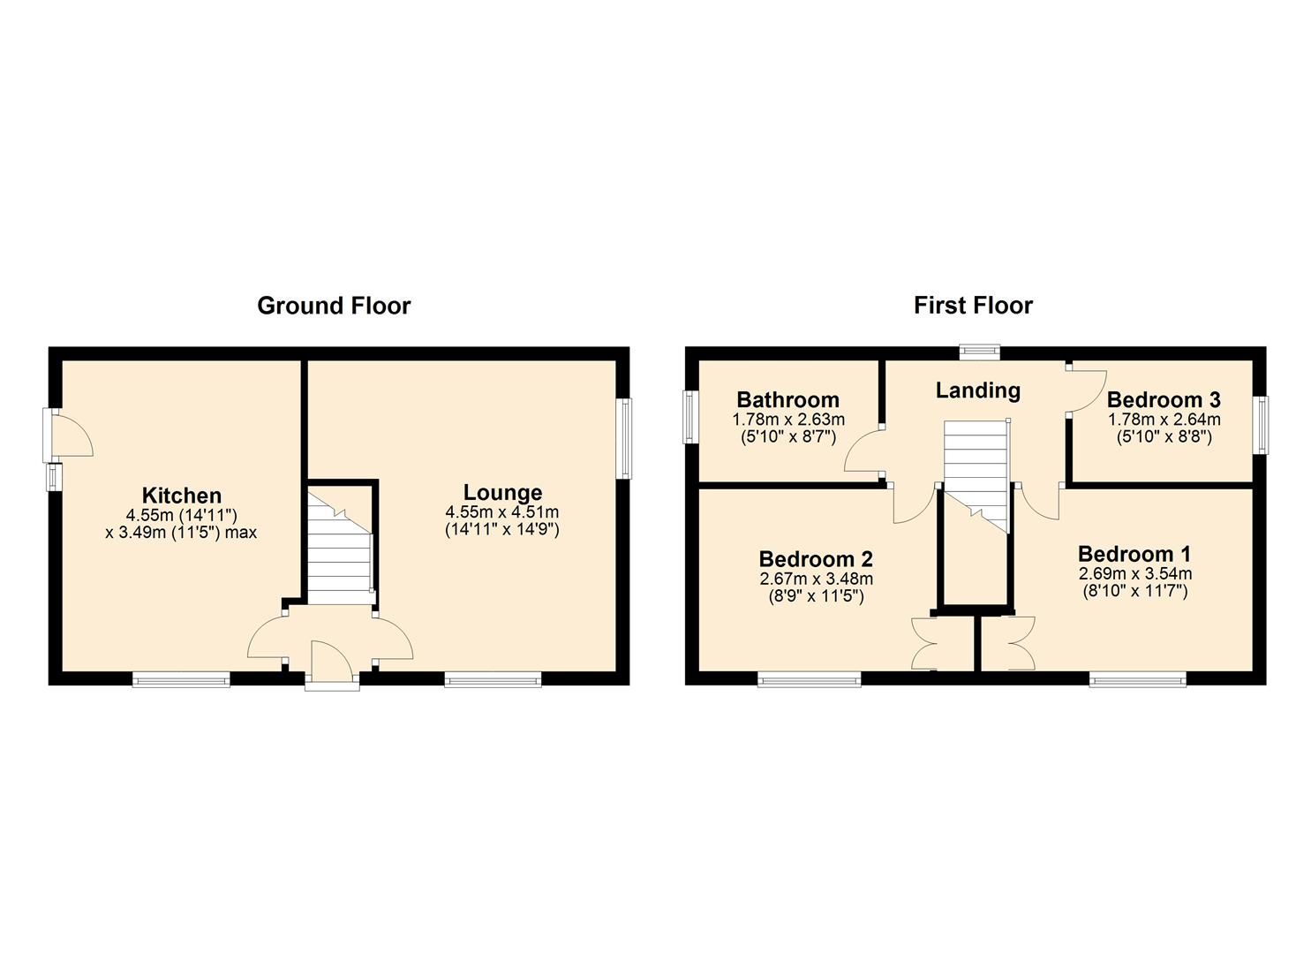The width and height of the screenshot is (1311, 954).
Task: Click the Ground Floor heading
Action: point(334,306)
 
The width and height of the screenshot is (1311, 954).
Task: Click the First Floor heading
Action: point(973,306)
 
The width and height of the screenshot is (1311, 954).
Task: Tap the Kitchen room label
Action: point(182,495)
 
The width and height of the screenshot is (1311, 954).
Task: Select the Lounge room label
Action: point(502,492)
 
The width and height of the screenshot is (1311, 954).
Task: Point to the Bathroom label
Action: point(787,399)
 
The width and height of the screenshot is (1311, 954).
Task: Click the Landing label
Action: point(978,390)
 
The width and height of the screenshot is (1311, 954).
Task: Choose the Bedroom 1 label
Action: point(1134,554)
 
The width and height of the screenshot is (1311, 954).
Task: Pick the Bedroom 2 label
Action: point(816,558)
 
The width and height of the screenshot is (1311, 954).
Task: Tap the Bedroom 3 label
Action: point(1164,399)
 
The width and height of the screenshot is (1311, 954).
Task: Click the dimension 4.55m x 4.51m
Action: point(502,512)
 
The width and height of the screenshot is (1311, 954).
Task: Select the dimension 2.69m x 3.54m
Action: point(1134,573)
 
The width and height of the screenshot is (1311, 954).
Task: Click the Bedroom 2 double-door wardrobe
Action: point(935,641)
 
